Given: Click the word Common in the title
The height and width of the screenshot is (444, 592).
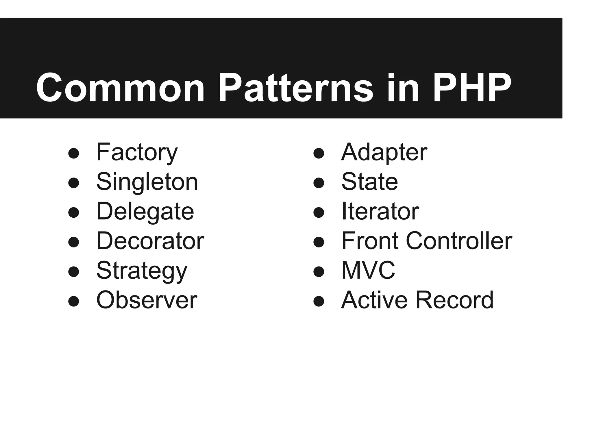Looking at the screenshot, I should tap(120, 88).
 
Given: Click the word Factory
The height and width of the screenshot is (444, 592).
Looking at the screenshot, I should tap(137, 152).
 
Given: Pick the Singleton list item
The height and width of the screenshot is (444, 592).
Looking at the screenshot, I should tap(147, 182).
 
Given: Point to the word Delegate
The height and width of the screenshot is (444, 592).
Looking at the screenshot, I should tap(145, 212).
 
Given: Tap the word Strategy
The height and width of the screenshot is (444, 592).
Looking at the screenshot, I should tap(142, 271).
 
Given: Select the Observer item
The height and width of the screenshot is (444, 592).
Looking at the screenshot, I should tap(147, 300).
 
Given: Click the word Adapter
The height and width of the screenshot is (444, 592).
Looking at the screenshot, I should tap(384, 152).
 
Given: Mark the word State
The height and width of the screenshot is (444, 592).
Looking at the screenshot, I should tap(370, 182).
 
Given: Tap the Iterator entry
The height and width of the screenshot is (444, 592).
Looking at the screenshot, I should tap(380, 212).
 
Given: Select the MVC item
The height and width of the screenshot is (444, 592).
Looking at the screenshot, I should tap(368, 271).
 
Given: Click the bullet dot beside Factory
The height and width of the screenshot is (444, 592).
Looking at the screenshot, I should tap(74, 153).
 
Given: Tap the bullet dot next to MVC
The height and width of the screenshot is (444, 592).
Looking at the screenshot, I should tap(319, 271).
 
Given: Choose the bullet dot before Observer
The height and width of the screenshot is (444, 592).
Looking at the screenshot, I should tap(74, 301).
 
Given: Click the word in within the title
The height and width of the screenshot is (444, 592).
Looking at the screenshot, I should tap(403, 88).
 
